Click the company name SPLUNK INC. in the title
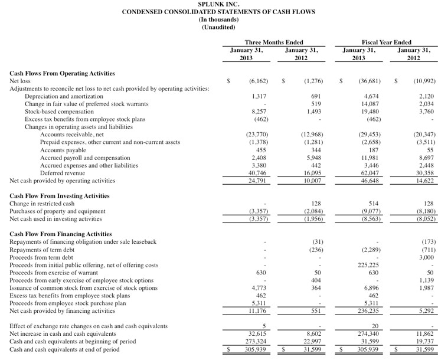pyautogui.click(x=218, y=4)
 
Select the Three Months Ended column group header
pyautogui.click(x=274, y=42)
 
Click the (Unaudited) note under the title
pyautogui.click(x=218, y=27)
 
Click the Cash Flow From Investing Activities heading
pyautogui.click(x=59, y=196)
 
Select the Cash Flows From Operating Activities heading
pyautogui.click(x=62, y=73)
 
